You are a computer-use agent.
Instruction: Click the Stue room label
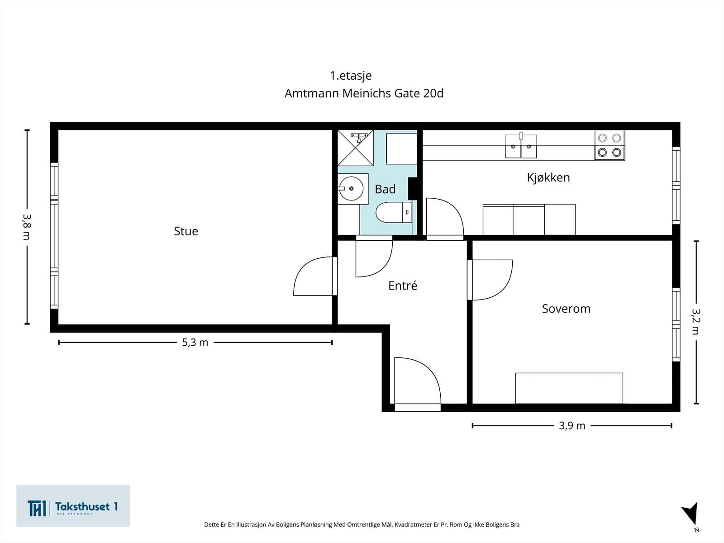186,231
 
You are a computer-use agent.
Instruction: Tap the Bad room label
385,189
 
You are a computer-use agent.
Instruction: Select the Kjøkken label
548,177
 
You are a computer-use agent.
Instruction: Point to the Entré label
403,286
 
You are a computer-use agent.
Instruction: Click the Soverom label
566,309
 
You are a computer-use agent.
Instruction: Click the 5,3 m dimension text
195,343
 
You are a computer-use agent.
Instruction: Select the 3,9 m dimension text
572,426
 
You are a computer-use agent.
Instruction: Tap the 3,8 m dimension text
27,227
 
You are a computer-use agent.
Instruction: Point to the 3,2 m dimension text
696,322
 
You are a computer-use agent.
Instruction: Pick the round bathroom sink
351,189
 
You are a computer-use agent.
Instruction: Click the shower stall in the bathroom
356,148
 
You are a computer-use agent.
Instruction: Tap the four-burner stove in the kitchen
609,145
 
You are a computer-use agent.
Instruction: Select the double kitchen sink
521,146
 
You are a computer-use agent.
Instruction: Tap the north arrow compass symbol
691,514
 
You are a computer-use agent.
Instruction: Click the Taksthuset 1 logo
73,506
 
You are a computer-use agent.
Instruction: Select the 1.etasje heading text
351,76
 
